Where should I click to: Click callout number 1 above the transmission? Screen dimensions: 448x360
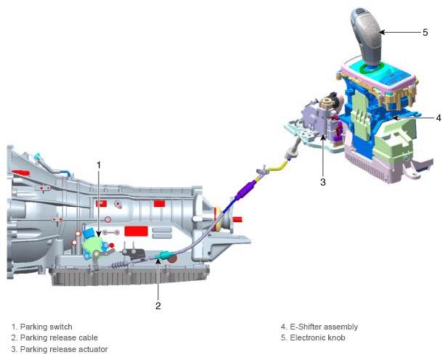coord(99,165)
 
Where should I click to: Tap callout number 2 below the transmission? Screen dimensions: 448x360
coord(158,306)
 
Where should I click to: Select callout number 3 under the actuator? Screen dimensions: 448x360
coord(323,182)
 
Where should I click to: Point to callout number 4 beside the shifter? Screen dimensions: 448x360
coord(439,118)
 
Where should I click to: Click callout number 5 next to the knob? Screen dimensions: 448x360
coord(425,32)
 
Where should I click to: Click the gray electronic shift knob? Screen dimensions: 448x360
coord(367,36)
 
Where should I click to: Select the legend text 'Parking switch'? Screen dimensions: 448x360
coord(46,327)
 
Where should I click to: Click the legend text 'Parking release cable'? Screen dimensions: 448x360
coord(59,337)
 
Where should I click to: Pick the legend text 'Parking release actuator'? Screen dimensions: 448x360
coord(64,349)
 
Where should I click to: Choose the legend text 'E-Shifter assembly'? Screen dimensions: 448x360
coord(324,327)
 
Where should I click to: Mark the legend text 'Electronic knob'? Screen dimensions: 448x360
coord(317,337)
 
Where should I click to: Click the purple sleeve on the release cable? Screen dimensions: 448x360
coord(245,191)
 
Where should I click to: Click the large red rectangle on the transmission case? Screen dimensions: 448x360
coord(136,231)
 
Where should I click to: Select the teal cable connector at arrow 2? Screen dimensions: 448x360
coord(163,255)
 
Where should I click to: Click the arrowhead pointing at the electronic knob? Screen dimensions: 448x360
coord(382,32)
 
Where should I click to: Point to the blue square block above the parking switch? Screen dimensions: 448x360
coord(89,233)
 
